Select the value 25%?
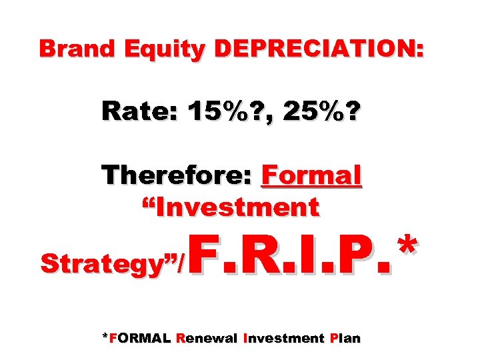coord(319,112)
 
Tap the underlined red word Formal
coord(312,176)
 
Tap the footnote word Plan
coord(345,338)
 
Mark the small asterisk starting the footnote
coord(103,336)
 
